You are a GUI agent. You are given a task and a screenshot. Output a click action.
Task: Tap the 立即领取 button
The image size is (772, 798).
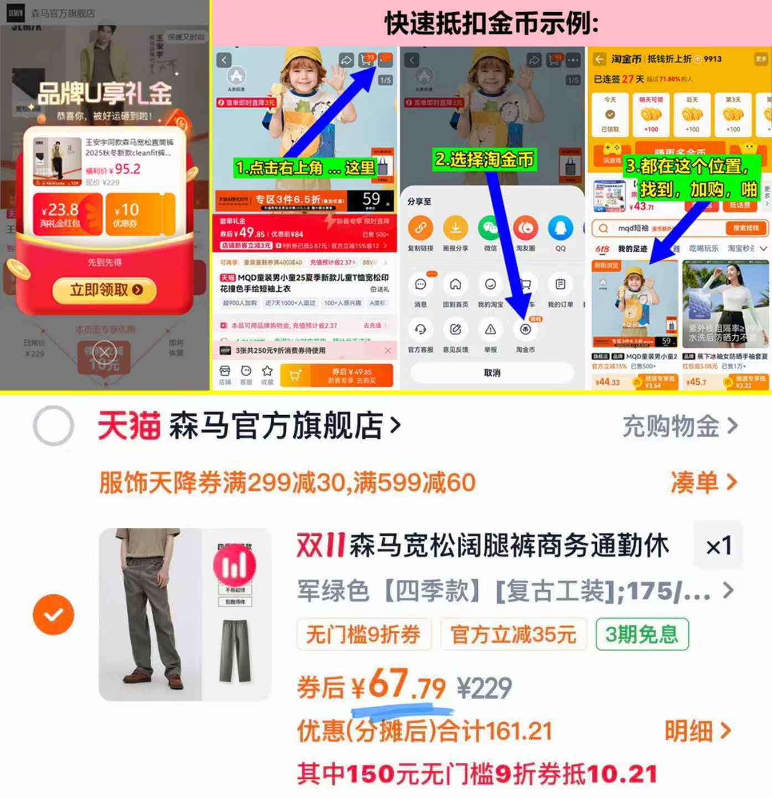[x=105, y=290]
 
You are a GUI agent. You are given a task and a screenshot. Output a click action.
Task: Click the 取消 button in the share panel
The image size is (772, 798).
[x=492, y=373]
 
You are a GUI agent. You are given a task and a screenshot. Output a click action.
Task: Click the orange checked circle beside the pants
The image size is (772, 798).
[x=53, y=615]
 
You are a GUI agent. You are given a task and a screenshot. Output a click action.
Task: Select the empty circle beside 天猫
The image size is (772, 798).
[x=53, y=426]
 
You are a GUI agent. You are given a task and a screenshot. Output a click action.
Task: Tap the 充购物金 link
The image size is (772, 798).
[x=680, y=426]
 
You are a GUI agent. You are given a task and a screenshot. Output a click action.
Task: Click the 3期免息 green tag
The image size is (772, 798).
[x=642, y=634]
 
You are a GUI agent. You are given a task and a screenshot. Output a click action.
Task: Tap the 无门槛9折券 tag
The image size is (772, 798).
[x=363, y=634]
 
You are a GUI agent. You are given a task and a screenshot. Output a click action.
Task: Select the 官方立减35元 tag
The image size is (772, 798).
[x=513, y=634]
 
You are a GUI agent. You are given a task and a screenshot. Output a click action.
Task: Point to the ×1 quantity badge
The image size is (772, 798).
[x=718, y=546]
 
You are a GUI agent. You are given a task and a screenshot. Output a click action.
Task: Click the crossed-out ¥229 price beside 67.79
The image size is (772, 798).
[x=484, y=688]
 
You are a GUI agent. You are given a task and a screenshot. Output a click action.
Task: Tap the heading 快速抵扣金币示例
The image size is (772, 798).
[x=491, y=24]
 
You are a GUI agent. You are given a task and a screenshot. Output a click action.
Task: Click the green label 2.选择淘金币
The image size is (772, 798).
[x=484, y=160]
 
